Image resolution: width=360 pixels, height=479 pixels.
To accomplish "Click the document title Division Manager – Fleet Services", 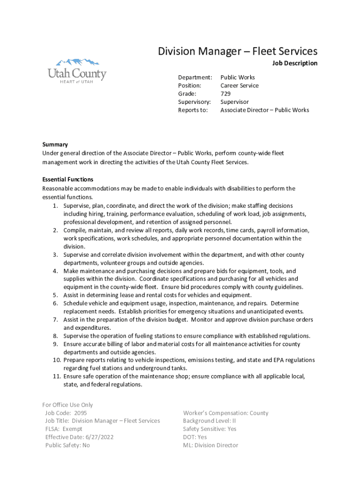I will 238,51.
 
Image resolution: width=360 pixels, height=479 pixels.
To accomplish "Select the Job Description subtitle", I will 295,63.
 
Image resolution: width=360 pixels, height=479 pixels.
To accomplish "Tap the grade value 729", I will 226,94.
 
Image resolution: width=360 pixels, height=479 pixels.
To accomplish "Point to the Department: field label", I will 195,77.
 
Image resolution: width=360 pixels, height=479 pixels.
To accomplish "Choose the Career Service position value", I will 239,86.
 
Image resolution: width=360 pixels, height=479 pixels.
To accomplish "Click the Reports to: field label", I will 193,110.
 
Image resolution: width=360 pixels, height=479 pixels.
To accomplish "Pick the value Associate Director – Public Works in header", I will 265,110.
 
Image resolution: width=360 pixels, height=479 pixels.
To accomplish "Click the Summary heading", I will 55,145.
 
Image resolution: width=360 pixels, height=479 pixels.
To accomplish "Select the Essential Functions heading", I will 68,179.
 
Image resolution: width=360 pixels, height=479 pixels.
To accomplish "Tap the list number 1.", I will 55,206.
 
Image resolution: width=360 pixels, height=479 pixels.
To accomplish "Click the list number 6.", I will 55,303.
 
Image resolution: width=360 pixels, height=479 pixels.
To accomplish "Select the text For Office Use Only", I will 67,405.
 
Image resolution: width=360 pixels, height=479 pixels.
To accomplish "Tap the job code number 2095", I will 80,413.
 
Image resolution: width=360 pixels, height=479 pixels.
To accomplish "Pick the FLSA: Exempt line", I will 64,429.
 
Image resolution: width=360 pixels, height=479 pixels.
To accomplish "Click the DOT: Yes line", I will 195,437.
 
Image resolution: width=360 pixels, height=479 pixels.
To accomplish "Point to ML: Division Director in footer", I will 210,445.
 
